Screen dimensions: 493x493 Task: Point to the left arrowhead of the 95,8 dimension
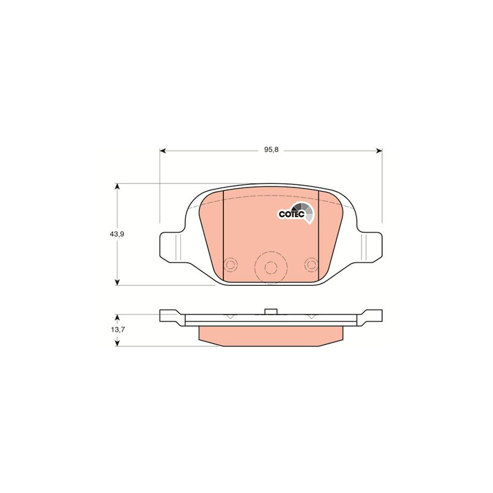[x=163, y=150]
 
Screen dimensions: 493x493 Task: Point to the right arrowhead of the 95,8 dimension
[x=379, y=150]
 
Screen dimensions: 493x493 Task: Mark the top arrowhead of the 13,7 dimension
[x=117, y=317]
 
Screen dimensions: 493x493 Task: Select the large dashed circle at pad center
[x=270, y=267]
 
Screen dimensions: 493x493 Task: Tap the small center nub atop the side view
[x=270, y=312]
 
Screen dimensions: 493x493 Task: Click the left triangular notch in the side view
[x=230, y=317]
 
